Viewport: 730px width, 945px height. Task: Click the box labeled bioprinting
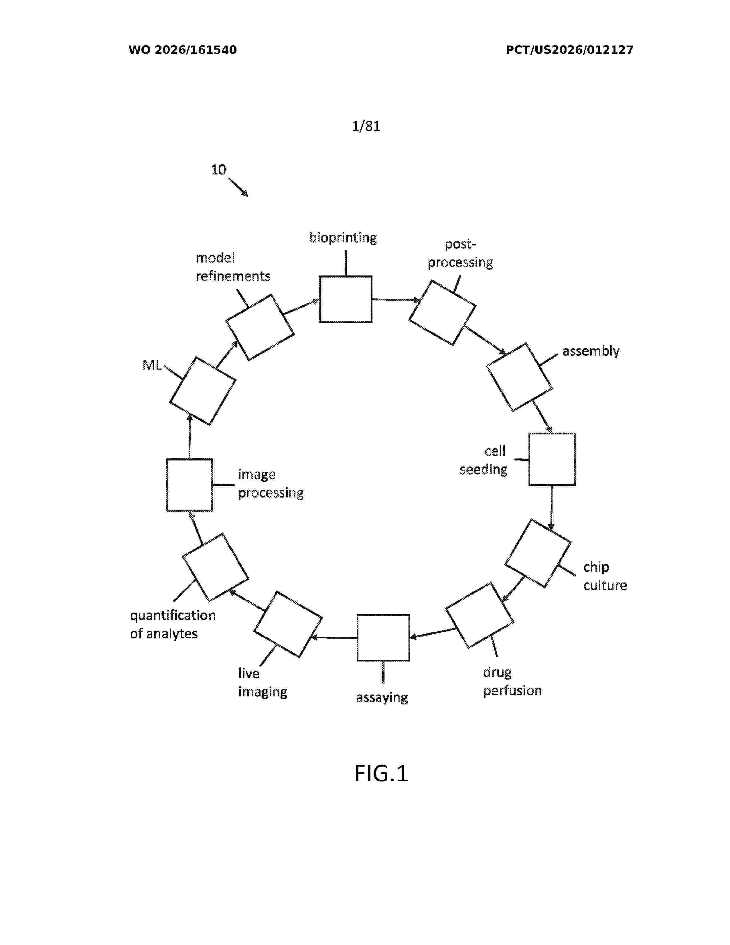pyautogui.click(x=345, y=299)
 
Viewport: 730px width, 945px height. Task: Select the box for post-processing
pyautogui.click(x=442, y=313)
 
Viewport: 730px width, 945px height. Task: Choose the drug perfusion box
pyautogui.click(x=480, y=615)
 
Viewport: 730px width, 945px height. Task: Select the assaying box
pyautogui.click(x=383, y=638)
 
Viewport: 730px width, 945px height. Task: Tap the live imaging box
pyautogui.click(x=288, y=624)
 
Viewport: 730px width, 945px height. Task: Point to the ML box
pyautogui.click(x=202, y=391)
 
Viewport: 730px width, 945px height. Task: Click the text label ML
pyautogui.click(x=152, y=365)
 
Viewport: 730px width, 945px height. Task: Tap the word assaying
pyautogui.click(x=382, y=698)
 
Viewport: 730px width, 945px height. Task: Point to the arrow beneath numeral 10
pyautogui.click(x=238, y=187)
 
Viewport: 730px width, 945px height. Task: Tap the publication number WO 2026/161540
pyautogui.click(x=183, y=50)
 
